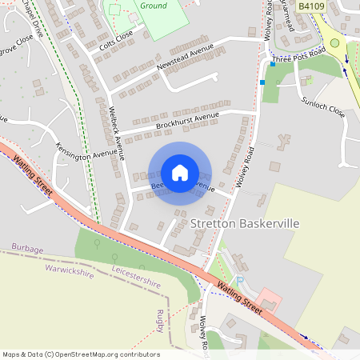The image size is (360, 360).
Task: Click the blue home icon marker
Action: (x=180, y=173)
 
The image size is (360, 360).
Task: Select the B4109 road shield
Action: (x=310, y=6)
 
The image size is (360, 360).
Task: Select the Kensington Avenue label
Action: (x=86, y=150)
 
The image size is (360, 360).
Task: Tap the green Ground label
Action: (x=154, y=6)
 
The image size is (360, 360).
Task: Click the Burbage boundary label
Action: (x=27, y=250)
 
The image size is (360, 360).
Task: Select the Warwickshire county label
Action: (x=70, y=271)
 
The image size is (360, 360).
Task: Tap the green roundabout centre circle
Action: (x=335, y=43)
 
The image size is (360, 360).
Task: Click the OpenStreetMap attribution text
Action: (x=81, y=354)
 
